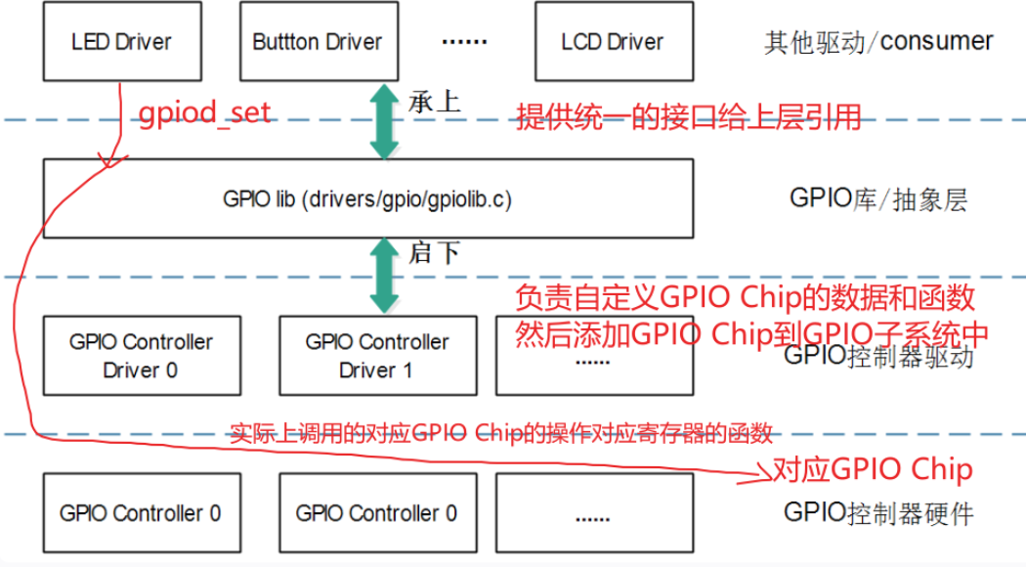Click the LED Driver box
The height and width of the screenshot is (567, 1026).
[120, 42]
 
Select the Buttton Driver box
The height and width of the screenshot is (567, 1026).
[317, 42]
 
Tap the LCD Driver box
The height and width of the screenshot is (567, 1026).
[612, 42]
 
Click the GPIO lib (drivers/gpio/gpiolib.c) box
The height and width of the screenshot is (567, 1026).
[367, 199]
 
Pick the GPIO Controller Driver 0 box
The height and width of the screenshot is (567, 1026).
[141, 356]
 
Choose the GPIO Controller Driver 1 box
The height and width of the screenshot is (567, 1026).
[376, 356]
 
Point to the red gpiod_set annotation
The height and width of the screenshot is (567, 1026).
[203, 114]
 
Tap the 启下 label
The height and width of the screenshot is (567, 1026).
[434, 253]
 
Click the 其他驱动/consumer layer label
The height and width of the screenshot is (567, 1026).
[878, 42]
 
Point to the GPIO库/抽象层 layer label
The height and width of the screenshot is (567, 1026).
[877, 199]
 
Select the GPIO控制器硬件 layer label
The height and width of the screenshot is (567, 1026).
[878, 512]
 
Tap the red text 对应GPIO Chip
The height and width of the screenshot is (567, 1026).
[872, 470]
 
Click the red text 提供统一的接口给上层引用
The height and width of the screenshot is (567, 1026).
[689, 118]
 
